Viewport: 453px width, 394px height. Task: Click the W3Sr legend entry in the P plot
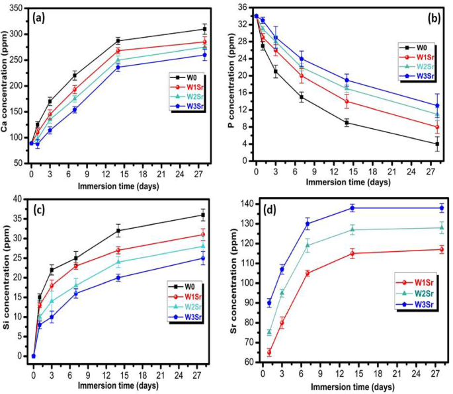pos(416,76)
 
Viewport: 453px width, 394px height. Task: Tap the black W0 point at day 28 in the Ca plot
pos(204,29)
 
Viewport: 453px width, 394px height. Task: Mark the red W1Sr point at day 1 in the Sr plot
pos(269,352)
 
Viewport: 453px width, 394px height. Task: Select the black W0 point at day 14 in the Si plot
pos(118,231)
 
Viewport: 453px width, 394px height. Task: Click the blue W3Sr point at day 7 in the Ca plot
pos(74,110)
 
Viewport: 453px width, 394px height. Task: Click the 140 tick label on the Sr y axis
pos(244,204)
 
